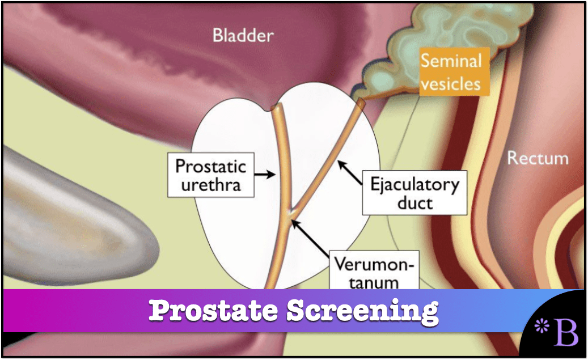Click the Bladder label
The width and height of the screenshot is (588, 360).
coord(243,36)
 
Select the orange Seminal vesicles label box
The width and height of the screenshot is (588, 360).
coord(451,72)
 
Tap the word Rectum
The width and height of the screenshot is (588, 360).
coord(537,157)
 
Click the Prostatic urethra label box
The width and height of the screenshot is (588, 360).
coord(210,175)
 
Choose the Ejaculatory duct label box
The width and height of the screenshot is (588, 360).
coord(414,193)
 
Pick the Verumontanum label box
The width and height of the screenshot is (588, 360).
coord(374,272)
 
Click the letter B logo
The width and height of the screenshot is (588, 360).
coord(566,332)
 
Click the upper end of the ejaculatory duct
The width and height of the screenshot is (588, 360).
coord(359,103)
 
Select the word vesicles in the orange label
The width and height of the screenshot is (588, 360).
coord(451,83)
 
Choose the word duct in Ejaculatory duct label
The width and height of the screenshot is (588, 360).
coord(414,203)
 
